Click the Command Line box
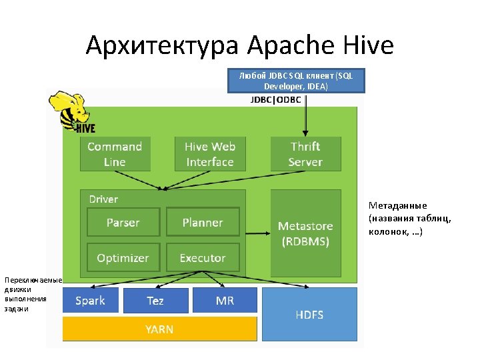[x=115, y=154]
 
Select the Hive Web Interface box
[x=210, y=154]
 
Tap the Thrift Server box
[x=305, y=154]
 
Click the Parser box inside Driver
[x=123, y=222]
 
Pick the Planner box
[x=203, y=222]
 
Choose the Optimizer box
[x=123, y=258]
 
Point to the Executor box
[x=203, y=258]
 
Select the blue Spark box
[x=90, y=301]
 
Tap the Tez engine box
[x=155, y=301]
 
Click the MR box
[x=225, y=301]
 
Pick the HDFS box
[x=309, y=314]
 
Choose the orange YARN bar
[x=159, y=329]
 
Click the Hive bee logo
[x=71, y=112]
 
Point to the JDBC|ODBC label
[x=275, y=100]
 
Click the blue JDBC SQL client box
[x=296, y=81]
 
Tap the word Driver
[x=103, y=199]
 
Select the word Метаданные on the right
[x=397, y=205]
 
